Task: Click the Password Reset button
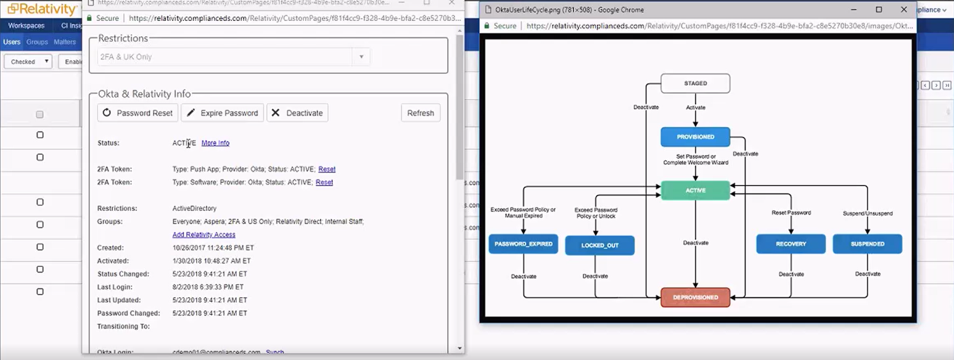point(138,113)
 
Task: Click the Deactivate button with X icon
point(297,113)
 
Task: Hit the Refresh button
point(421,113)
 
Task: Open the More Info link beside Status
point(215,143)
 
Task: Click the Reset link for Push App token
point(327,169)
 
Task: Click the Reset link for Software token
point(324,182)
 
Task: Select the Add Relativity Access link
point(204,235)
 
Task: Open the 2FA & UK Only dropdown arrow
point(361,57)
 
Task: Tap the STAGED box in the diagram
point(695,83)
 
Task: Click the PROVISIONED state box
point(695,137)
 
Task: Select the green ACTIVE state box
point(695,190)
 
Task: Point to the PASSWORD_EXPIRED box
point(523,244)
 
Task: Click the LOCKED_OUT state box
point(599,245)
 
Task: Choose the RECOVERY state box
point(791,244)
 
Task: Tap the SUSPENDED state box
point(867,244)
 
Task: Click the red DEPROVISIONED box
point(695,297)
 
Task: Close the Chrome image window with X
point(904,10)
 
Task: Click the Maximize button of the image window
point(879,10)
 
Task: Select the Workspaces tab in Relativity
point(26,26)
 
